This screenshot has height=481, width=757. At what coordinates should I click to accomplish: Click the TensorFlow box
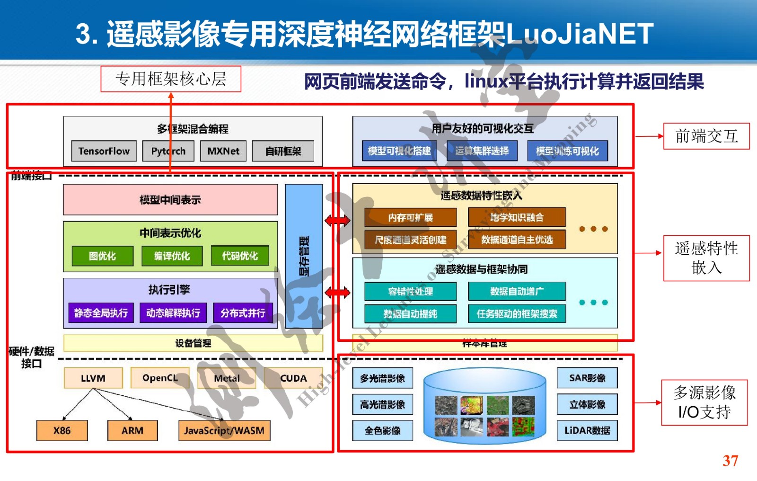coord(104,151)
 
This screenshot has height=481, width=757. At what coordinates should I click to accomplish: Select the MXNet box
coord(223,151)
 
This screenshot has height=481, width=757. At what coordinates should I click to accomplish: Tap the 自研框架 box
coord(283,151)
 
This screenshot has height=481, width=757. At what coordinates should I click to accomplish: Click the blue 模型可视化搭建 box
coord(399,151)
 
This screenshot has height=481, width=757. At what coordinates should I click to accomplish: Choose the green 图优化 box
coord(102,256)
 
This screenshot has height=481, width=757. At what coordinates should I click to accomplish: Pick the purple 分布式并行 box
coord(243,313)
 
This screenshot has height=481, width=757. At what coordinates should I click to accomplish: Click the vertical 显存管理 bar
coord(304,256)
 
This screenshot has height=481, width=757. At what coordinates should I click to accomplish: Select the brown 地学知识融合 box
coord(517,217)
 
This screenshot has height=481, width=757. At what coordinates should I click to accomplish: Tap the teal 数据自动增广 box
coord(517,291)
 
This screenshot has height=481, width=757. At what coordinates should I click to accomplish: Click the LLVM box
coord(93,378)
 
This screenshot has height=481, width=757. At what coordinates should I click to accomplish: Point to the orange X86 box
coord(62,430)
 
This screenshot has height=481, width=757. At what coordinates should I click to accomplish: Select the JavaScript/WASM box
coord(224,430)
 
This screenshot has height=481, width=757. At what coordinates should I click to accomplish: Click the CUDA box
coord(293,378)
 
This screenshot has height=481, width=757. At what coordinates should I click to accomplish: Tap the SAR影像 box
coord(587,378)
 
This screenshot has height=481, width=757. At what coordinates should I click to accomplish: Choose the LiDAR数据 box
coord(587,430)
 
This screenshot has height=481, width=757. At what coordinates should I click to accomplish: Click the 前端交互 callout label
coord(706,136)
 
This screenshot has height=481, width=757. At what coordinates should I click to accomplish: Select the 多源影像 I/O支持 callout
coord(704,402)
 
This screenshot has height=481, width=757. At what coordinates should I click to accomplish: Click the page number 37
coord(730,461)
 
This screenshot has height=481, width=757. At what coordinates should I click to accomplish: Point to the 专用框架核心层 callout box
coord(171,79)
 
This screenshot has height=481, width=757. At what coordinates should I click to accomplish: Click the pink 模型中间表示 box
coord(170,200)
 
